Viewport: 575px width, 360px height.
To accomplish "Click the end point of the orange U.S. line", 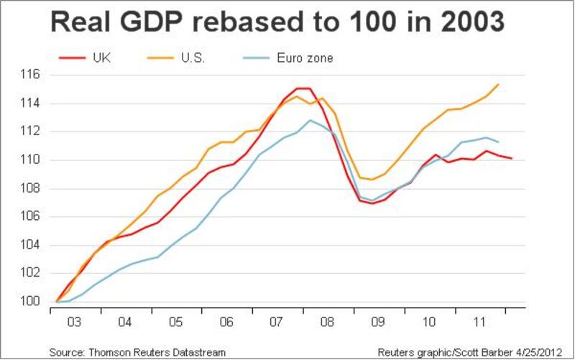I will click(499, 84).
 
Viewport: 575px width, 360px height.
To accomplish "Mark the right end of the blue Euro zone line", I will click(499, 142).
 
